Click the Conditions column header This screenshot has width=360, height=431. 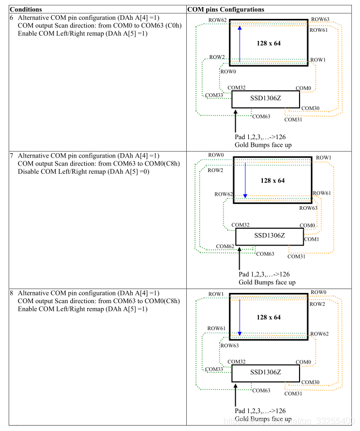point(28,9)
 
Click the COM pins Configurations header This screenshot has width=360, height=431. point(226,9)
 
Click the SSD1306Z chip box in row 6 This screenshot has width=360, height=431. point(266,99)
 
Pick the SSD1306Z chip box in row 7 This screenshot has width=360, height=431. point(269,236)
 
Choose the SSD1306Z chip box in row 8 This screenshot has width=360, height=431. point(266,373)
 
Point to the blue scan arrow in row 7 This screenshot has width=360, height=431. point(245,180)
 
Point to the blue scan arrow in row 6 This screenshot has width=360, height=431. point(240,43)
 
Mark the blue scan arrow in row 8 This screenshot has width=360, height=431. point(239,317)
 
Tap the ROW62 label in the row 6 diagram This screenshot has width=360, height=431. point(217,20)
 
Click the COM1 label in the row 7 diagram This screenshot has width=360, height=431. point(311,238)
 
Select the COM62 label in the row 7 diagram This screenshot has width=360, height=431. point(225,246)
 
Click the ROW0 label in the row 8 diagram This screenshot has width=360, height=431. point(318,292)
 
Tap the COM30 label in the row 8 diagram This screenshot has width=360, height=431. point(310,382)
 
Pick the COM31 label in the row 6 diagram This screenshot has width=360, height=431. point(294,119)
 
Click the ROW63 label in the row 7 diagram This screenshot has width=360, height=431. point(308,208)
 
